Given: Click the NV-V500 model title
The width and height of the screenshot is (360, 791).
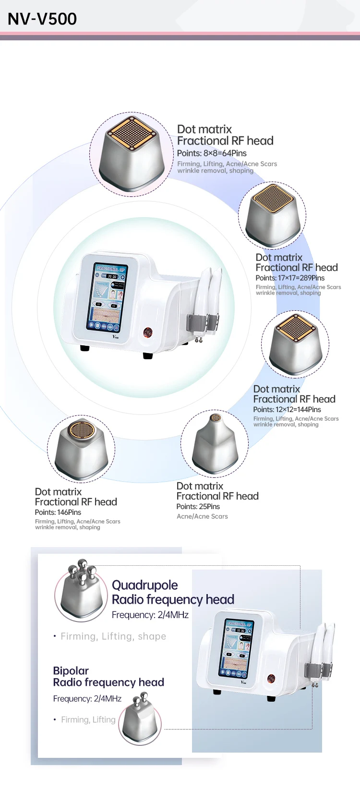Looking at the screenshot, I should click(42, 19).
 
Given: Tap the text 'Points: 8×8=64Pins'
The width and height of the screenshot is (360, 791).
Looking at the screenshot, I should click(212, 153).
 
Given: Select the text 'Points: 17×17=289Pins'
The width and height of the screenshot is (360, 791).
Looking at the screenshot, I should click(290, 278).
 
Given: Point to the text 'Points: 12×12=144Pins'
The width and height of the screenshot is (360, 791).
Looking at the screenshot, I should click(287, 410).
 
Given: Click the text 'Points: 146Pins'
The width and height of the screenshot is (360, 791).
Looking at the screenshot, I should click(58, 512).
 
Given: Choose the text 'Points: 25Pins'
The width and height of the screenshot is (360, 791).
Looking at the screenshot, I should click(198, 507).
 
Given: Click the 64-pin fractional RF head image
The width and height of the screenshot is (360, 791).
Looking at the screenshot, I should click(131, 154).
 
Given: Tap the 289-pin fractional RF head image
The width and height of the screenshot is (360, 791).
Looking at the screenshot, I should click(272, 216).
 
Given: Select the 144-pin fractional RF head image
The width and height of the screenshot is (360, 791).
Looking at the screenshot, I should click(295, 344).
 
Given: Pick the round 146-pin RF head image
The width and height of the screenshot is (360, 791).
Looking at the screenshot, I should click(81, 449).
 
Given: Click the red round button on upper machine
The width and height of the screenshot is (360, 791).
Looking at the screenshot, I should click(148, 332).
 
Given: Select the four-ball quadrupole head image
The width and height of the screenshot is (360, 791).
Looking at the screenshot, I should click(81, 591).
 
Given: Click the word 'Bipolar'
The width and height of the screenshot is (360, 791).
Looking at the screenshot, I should click(71, 670).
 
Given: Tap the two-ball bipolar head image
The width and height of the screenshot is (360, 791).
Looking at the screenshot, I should click(140, 719).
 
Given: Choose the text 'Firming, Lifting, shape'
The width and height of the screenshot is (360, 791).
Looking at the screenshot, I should click(113, 636).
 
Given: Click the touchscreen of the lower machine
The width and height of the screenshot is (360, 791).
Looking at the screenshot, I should click(237, 647).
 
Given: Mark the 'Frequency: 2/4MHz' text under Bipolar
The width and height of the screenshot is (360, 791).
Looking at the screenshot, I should click(87, 699).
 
